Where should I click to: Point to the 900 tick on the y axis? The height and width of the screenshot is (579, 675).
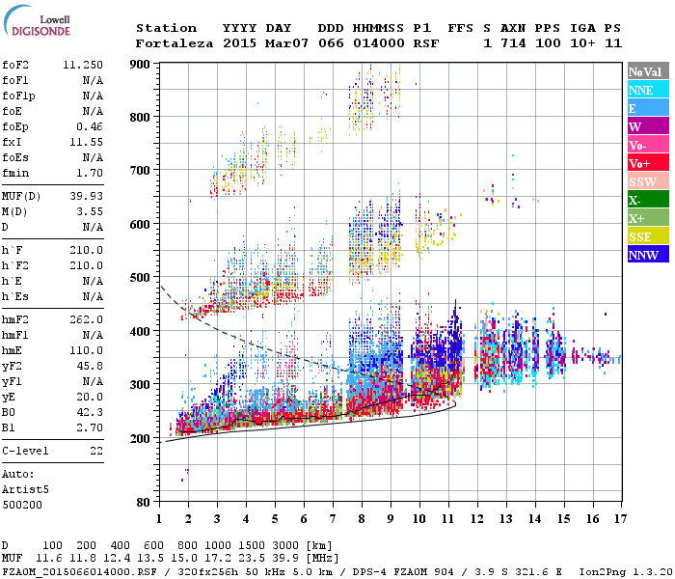coord(141,65)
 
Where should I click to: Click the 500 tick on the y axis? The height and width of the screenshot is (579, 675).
coord(141,278)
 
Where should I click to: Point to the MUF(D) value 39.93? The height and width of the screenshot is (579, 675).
coord(86,197)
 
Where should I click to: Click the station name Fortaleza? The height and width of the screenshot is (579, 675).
coord(175,43)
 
